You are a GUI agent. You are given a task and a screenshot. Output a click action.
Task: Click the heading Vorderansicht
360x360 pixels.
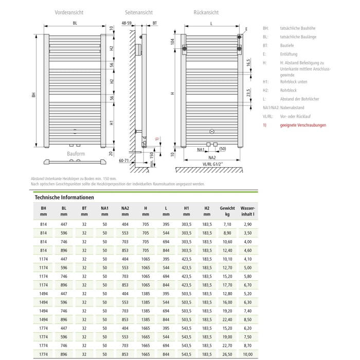(69, 11)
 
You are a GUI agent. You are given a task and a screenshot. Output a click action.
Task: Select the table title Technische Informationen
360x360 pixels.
(64, 197)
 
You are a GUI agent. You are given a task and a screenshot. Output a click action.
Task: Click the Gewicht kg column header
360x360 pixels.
(227, 211)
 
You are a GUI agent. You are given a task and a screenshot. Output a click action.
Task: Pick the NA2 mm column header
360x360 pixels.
(125, 211)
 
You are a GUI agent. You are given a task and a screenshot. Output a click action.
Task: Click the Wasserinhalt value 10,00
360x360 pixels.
(247, 354)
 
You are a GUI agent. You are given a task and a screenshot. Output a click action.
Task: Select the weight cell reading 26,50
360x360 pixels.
(227, 354)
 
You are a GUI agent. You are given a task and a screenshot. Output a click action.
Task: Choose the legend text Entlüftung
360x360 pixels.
(289, 53)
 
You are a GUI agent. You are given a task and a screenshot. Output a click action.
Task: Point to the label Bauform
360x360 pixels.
(76, 154)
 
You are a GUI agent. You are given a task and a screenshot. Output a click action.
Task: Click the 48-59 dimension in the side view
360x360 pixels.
(127, 23)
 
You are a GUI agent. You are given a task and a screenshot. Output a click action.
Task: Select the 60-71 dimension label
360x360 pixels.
(124, 160)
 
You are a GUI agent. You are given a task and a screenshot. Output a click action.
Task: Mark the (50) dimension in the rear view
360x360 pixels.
(223, 149)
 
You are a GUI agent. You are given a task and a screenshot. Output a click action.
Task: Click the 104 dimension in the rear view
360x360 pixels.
(172, 41)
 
